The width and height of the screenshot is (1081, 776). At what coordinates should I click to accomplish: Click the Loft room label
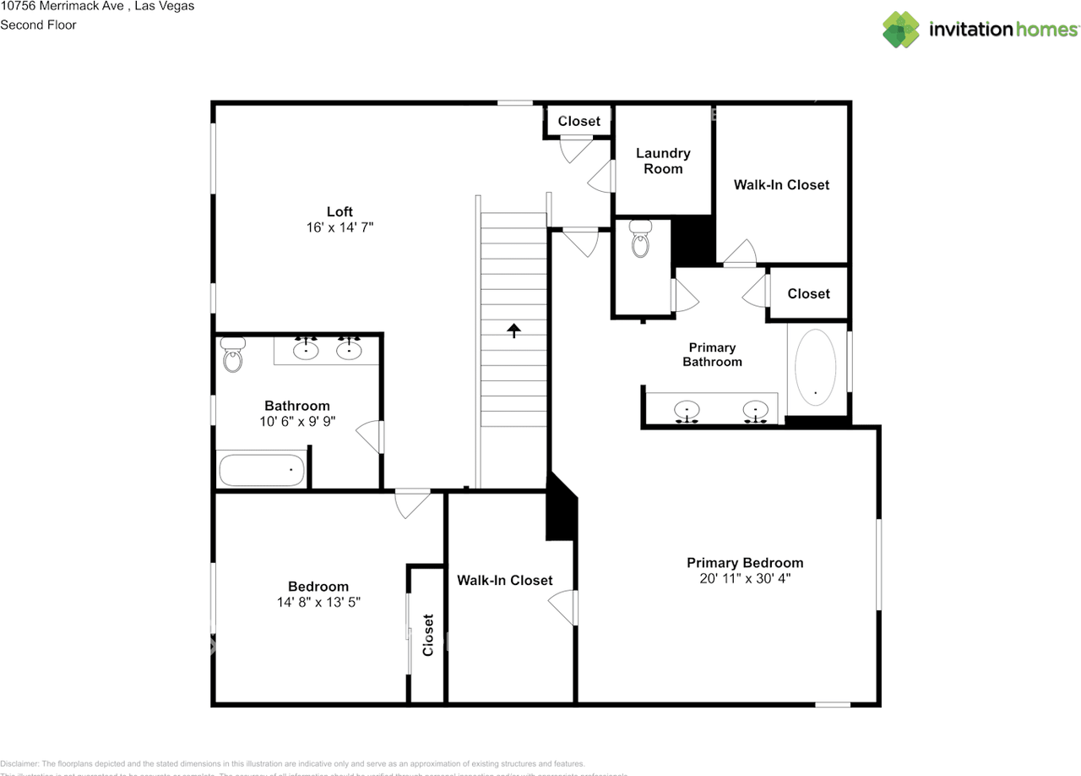(x=340, y=211)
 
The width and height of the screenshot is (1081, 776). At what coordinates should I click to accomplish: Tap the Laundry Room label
(x=663, y=161)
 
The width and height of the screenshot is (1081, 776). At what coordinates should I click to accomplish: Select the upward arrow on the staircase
(x=513, y=330)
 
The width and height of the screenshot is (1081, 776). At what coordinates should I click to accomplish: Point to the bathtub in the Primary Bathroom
(x=815, y=368)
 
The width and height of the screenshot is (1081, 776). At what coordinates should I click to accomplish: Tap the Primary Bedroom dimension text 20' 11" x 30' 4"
(x=744, y=579)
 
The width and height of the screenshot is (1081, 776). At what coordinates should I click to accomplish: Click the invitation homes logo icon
(x=901, y=30)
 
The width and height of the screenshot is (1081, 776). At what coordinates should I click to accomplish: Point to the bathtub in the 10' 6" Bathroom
(x=261, y=469)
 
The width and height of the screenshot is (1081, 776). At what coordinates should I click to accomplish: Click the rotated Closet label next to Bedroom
(x=427, y=634)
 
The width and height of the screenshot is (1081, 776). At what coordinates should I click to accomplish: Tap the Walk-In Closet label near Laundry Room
(x=781, y=184)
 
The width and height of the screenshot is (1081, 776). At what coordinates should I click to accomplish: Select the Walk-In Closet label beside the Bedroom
(x=504, y=580)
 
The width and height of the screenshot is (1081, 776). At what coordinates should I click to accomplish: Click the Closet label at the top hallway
(x=579, y=121)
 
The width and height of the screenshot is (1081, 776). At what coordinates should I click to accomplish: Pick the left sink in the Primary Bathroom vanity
(x=687, y=411)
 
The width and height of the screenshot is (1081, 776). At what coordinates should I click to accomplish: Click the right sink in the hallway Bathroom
(x=348, y=349)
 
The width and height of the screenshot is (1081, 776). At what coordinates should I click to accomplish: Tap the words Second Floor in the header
(x=38, y=25)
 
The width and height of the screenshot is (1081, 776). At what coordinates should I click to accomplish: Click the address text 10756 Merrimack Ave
(x=63, y=6)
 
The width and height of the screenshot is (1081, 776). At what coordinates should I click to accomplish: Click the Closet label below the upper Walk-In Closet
(x=808, y=293)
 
